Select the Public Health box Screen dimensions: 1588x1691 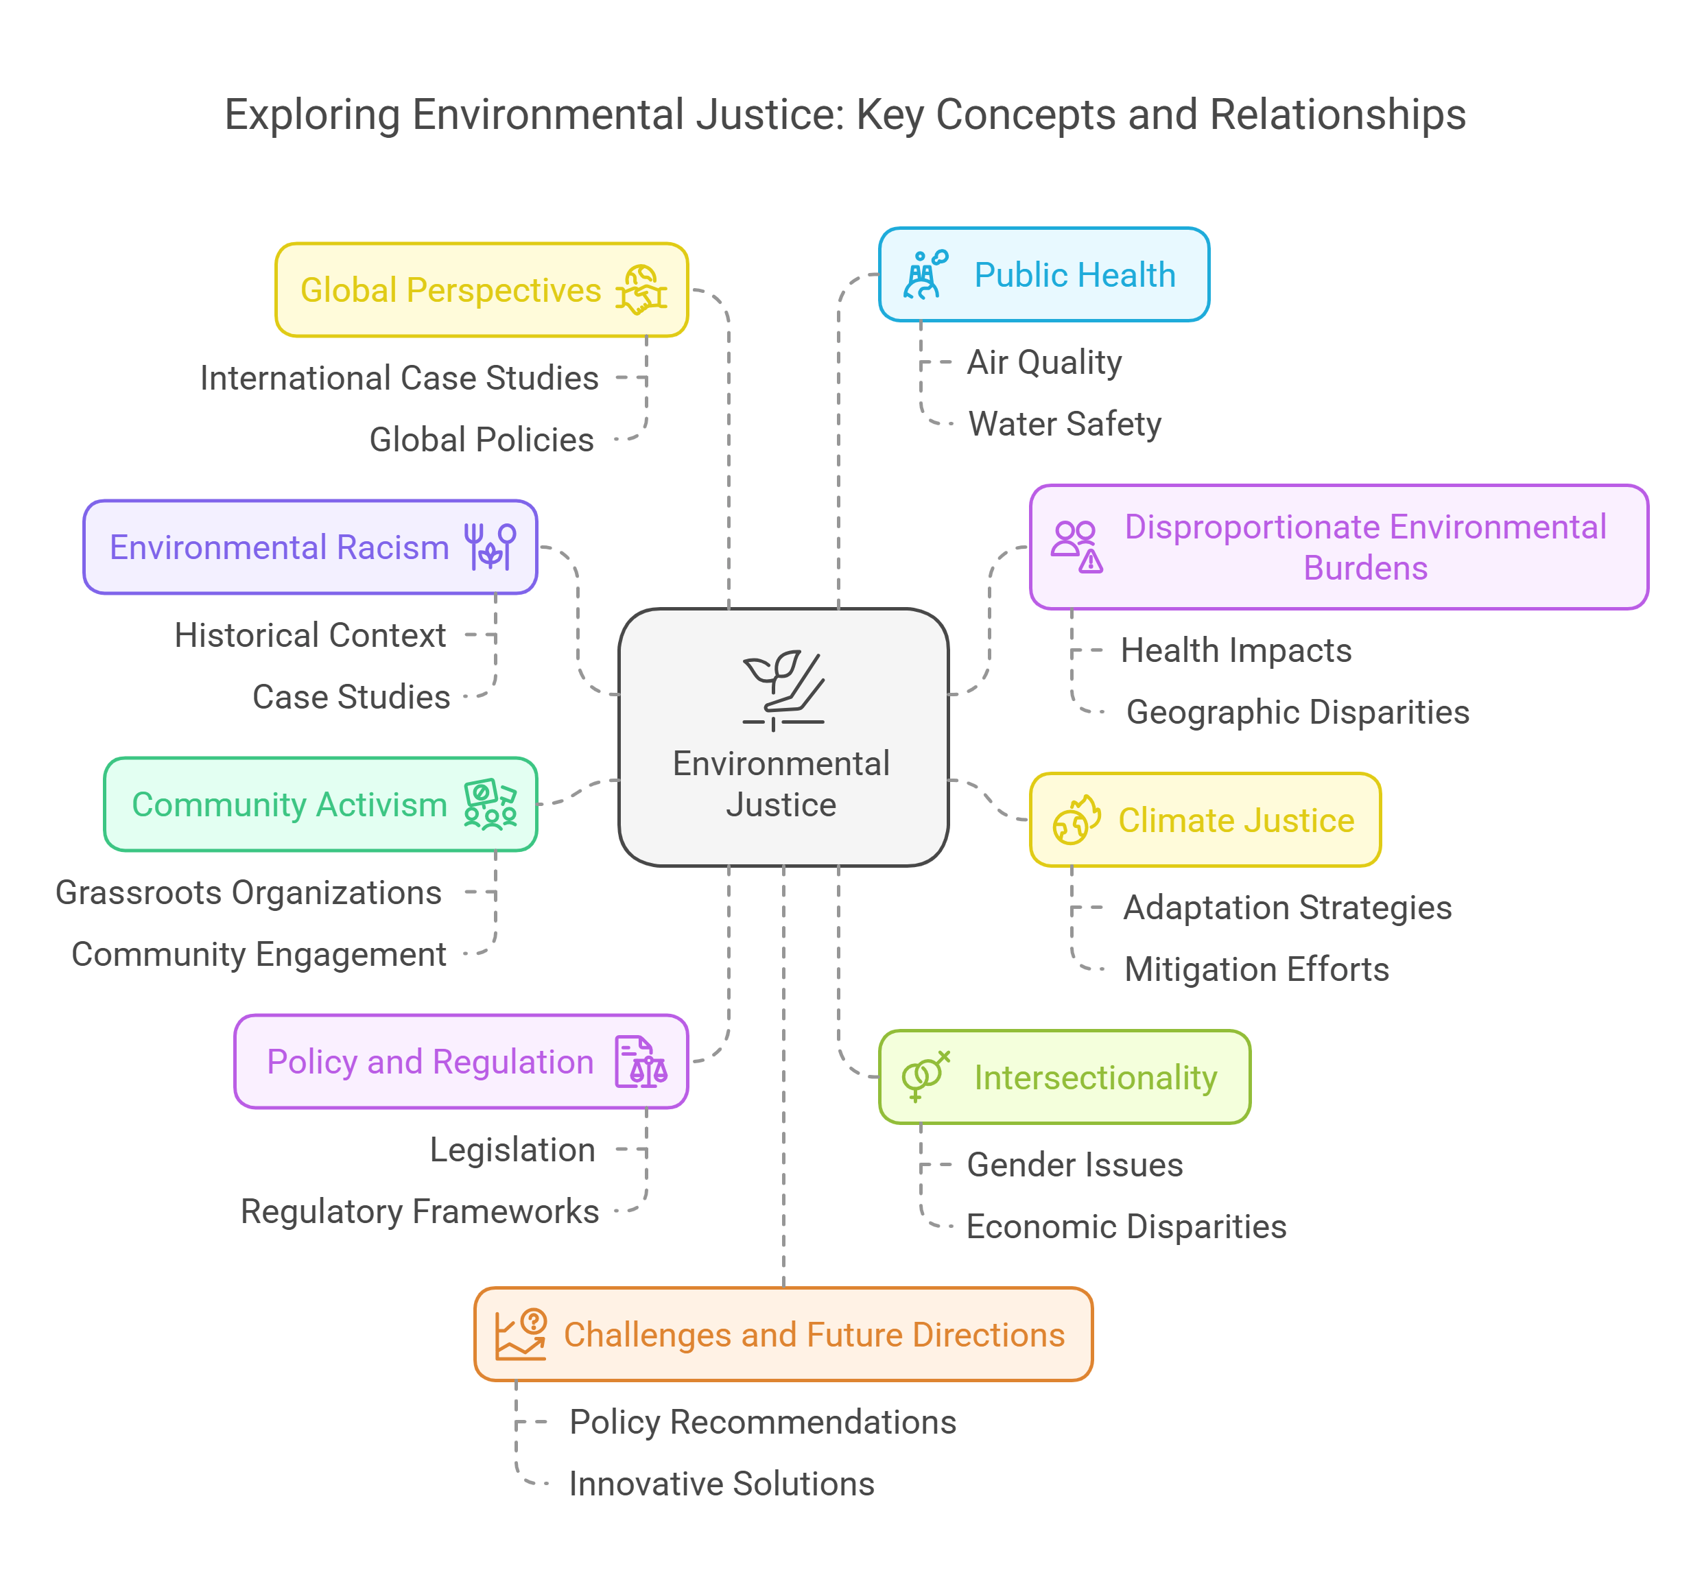pos(1043,275)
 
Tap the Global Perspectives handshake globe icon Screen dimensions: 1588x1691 pos(641,290)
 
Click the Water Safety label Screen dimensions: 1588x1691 pos(1065,423)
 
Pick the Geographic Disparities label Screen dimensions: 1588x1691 pos(1297,712)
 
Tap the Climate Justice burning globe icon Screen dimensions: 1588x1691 pos(1076,820)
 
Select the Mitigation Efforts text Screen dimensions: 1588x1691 pos(1256,970)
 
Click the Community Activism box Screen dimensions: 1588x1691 pos(320,805)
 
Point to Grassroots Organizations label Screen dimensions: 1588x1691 pos(248,893)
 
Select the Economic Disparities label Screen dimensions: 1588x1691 pos(1126,1226)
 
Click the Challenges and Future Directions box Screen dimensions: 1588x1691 pos(783,1334)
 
